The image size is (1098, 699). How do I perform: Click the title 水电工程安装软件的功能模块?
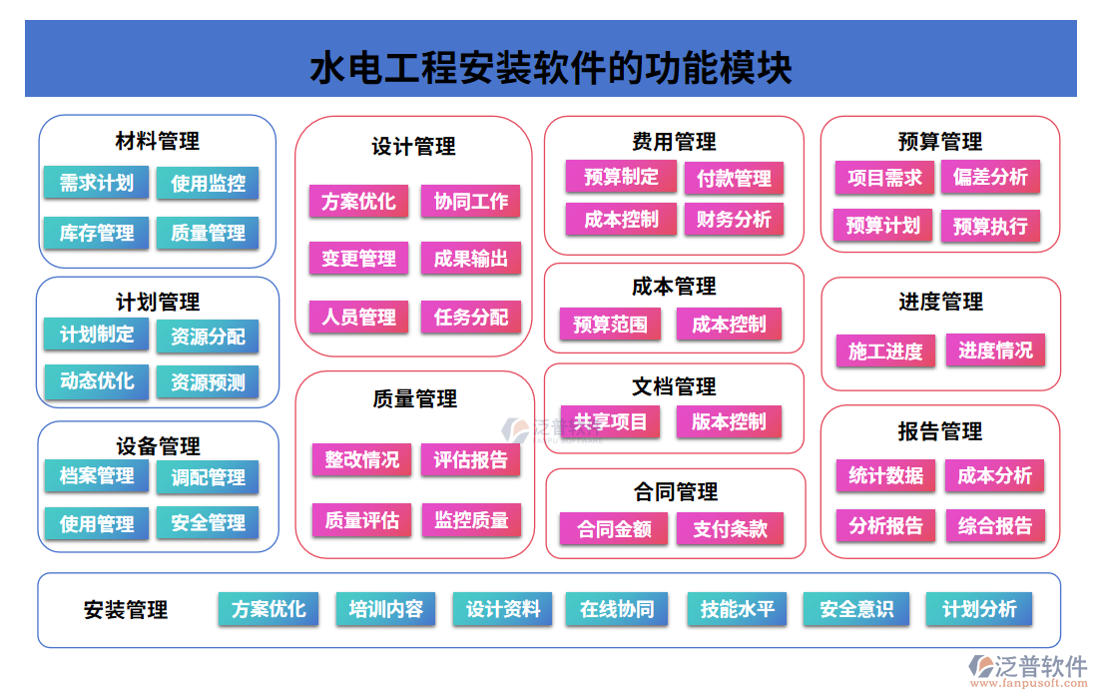point(551,69)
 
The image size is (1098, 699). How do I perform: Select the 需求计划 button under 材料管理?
point(96,183)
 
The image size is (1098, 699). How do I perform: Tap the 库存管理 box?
point(96,233)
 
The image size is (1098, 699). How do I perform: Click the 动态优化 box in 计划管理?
point(96,381)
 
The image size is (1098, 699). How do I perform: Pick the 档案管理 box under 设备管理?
point(96,476)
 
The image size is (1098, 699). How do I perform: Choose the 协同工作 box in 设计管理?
point(470,202)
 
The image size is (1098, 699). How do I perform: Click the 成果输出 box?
point(470,260)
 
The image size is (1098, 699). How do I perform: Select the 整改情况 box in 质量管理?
point(360,459)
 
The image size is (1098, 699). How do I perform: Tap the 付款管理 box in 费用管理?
point(734,179)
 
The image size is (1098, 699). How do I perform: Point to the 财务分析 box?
point(734,220)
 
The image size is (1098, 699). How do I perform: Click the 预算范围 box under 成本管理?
point(610,324)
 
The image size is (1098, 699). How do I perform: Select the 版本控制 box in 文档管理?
point(729,421)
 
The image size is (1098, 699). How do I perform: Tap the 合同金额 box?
point(614,529)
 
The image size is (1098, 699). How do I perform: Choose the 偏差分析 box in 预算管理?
point(989,177)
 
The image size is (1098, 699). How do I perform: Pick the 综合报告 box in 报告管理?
point(994,525)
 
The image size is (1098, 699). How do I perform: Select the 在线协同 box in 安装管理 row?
point(617,609)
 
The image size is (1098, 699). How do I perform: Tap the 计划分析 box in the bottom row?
point(979,609)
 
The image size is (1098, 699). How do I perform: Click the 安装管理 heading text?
point(126,610)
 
